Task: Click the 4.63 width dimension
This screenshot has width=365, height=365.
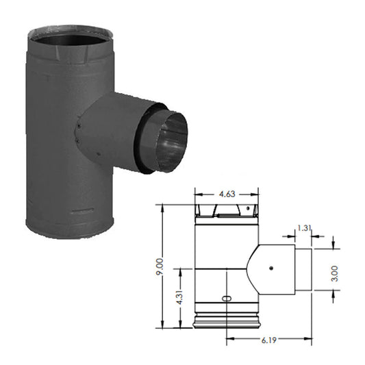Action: pyautogui.click(x=227, y=194)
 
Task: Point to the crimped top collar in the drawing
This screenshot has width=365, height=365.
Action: pyautogui.click(x=227, y=208)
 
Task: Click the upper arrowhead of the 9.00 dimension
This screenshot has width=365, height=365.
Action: pyautogui.click(x=162, y=205)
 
